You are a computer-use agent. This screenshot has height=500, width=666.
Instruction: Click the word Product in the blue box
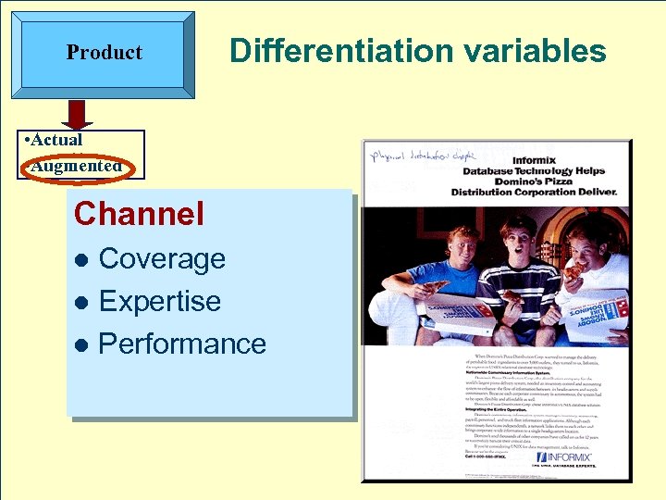(104, 53)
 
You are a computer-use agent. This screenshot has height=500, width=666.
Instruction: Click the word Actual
(57, 140)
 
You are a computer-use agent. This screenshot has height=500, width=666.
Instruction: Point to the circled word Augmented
(76, 167)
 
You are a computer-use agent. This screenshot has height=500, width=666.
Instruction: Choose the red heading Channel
(139, 214)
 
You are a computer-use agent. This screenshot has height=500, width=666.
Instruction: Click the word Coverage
(162, 259)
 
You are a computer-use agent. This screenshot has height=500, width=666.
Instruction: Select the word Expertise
(159, 302)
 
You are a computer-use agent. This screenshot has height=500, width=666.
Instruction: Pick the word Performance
(181, 344)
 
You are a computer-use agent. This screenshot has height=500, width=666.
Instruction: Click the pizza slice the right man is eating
(574, 271)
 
